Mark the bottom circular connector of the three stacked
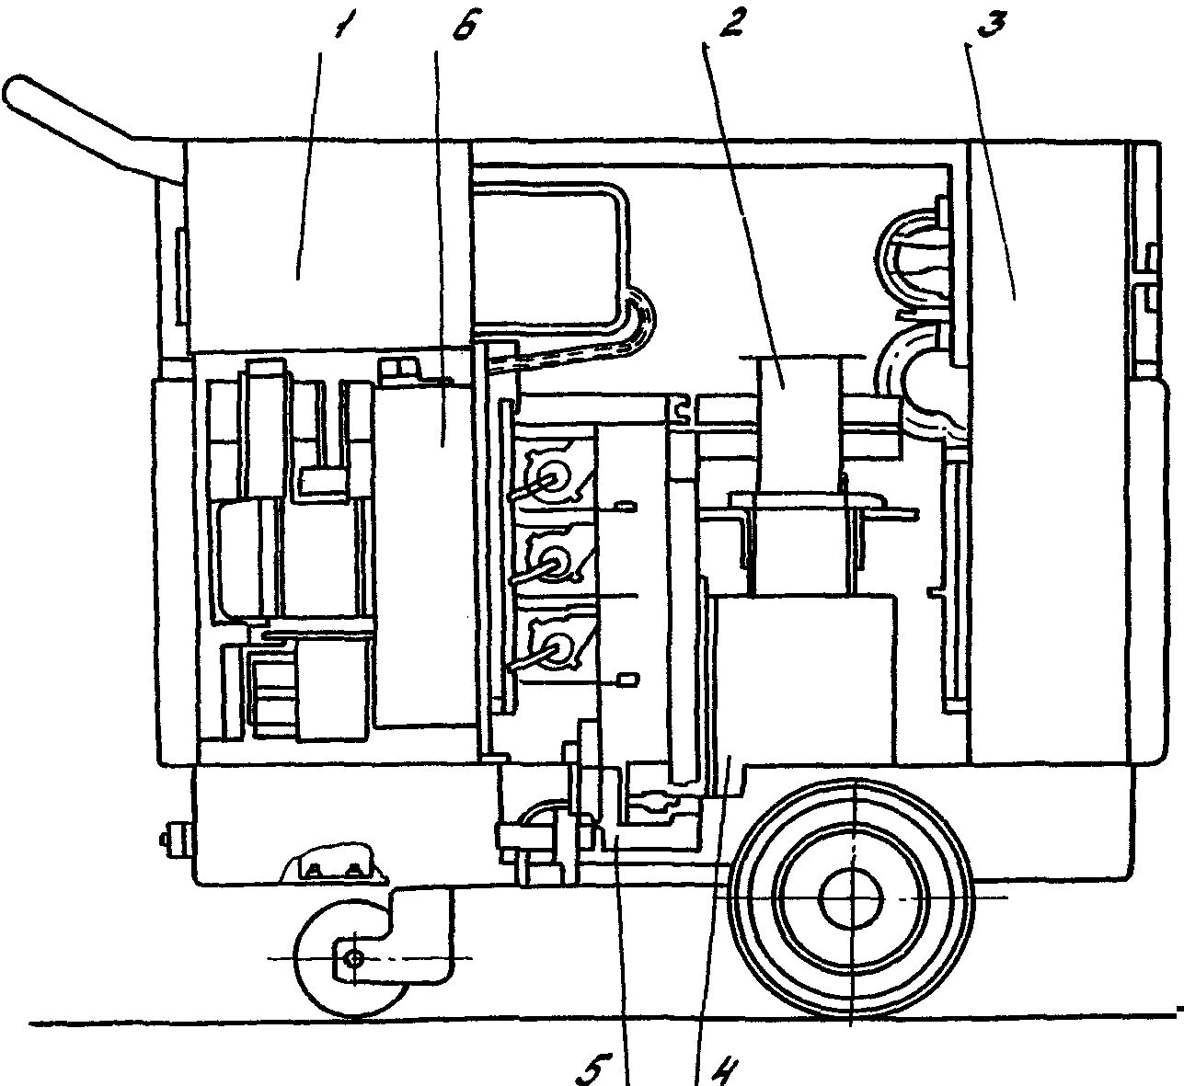554,646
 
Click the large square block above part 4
805,671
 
